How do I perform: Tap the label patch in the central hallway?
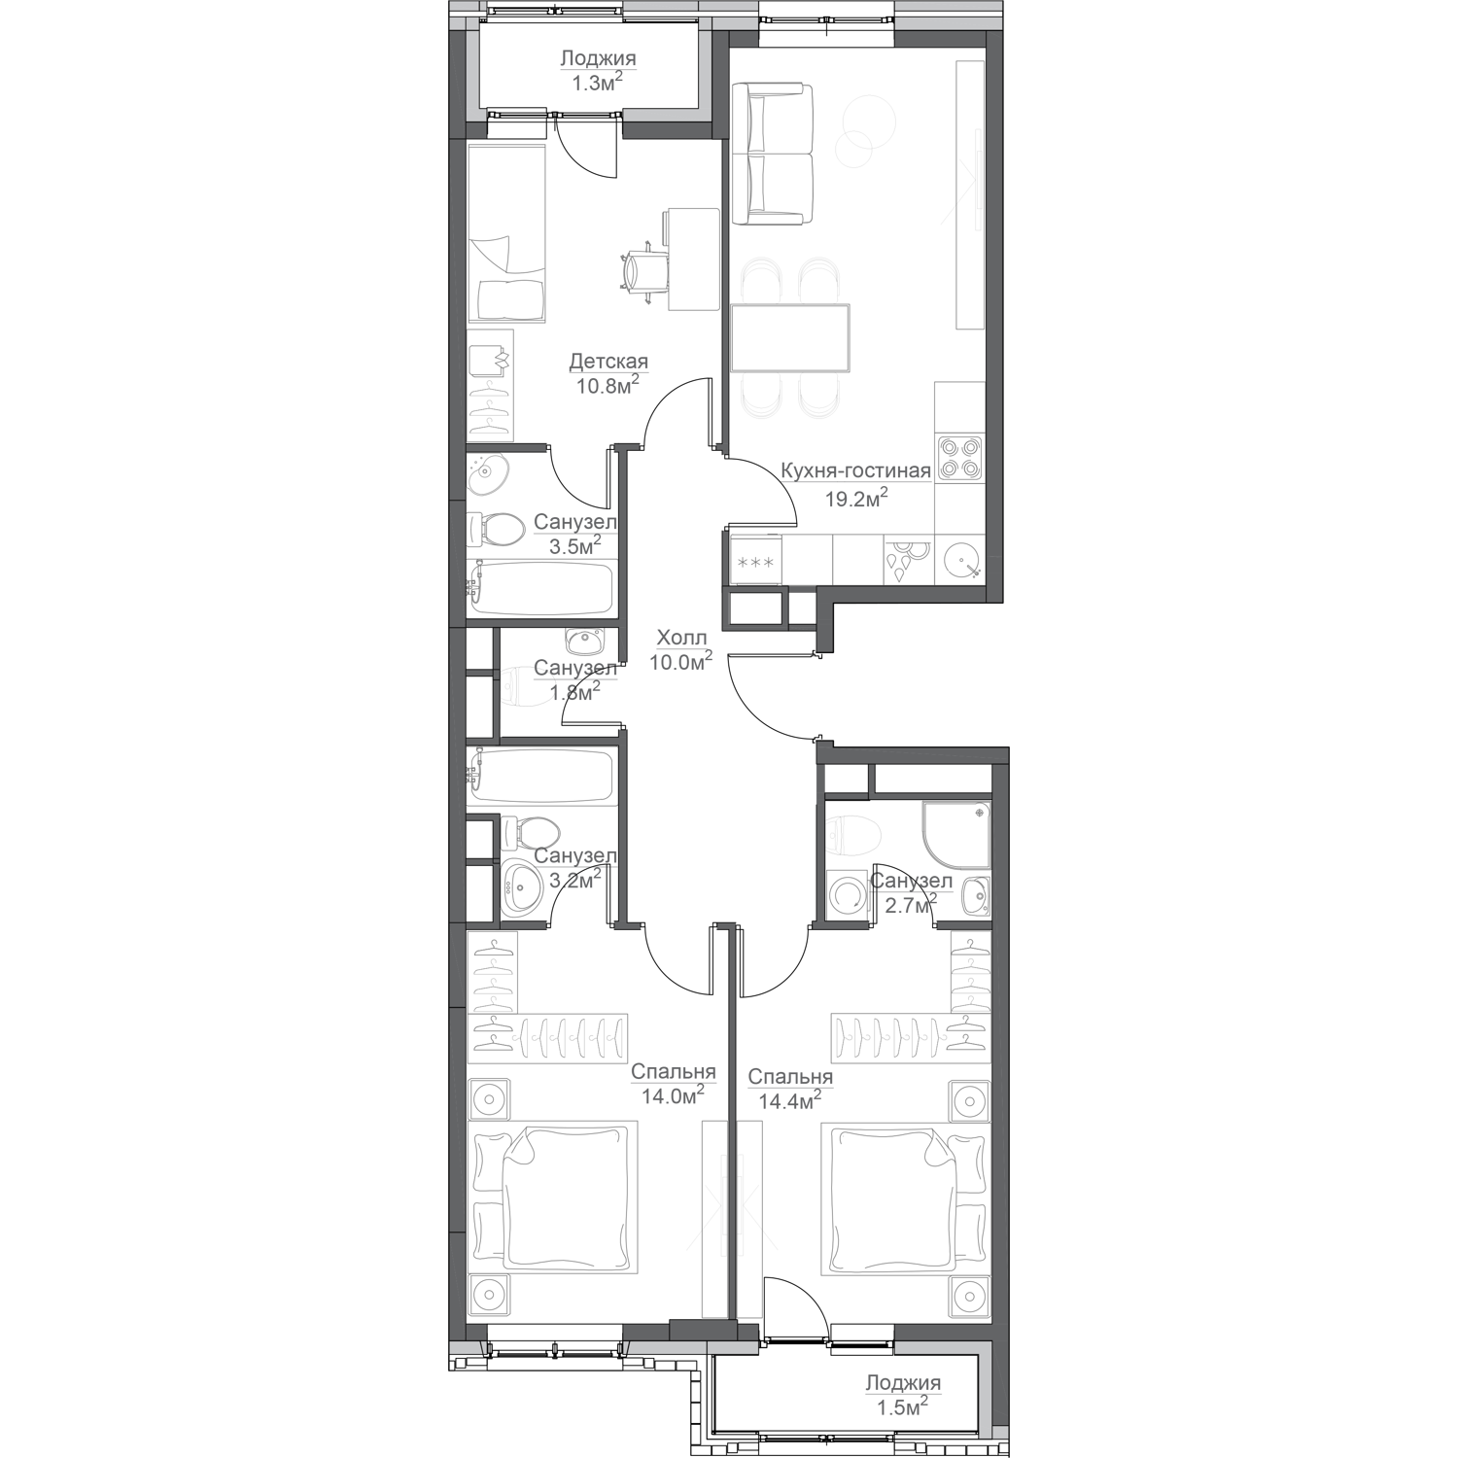click(x=680, y=661)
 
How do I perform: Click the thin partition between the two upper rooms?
click(x=725, y=292)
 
